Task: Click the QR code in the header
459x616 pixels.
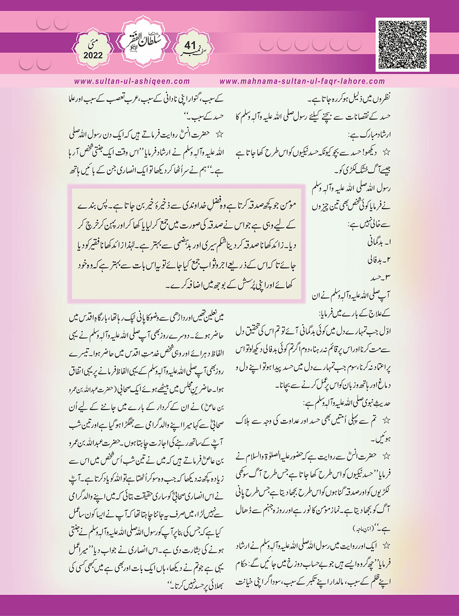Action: pos(403,44)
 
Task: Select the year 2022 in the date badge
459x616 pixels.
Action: pos(93,55)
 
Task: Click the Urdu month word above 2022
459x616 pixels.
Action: pos(93,44)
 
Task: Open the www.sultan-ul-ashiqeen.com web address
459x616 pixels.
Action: pos(132,81)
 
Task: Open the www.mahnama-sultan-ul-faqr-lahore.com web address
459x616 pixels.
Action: pos(302,81)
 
